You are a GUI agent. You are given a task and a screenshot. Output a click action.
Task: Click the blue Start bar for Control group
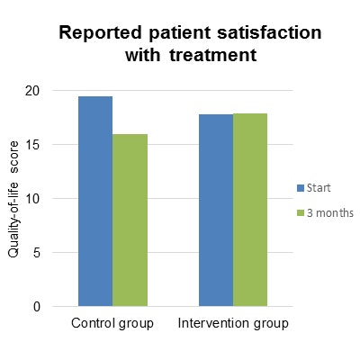[95, 201]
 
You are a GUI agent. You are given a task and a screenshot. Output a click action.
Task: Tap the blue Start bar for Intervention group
[215, 210]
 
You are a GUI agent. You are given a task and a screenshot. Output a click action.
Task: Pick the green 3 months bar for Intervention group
[249, 210]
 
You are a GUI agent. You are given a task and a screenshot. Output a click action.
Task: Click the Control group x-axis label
[112, 323]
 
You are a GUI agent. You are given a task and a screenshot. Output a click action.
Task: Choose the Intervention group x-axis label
[232, 323]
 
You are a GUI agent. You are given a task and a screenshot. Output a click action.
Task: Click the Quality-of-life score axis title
[15, 200]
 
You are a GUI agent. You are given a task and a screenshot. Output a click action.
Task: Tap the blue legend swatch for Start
[301, 188]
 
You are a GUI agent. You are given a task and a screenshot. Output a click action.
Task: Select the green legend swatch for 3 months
[301, 213]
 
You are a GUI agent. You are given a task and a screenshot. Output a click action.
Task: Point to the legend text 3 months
[329, 213]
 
